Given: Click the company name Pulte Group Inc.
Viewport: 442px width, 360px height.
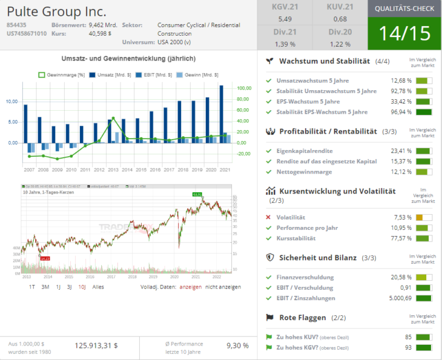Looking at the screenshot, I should tap(56, 12).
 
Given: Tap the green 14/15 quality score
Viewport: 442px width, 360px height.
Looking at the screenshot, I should tap(404, 33).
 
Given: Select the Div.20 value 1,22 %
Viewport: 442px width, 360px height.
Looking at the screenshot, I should tap(340, 44).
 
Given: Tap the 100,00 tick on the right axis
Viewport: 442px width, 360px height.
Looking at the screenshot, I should tap(244, 88).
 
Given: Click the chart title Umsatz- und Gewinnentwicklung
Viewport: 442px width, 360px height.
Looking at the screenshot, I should tap(128, 59).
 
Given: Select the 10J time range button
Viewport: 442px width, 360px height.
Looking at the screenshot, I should tap(82, 287).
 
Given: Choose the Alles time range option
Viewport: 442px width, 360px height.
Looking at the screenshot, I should tap(98, 287).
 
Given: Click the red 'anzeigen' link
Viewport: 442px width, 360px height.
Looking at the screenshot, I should tap(191, 287).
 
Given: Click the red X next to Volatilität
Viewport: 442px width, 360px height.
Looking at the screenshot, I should tap(268, 217).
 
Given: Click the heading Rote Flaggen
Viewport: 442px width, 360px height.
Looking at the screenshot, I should tap(302, 318).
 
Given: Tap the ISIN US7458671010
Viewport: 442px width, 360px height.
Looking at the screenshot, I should tap(27, 33).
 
